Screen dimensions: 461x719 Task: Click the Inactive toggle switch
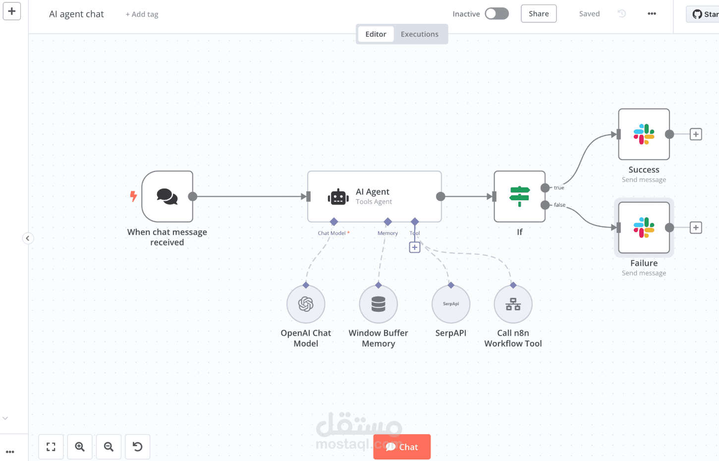pyautogui.click(x=497, y=14)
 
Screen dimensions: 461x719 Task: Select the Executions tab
pyautogui.click(x=419, y=34)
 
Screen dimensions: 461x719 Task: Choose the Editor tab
pyautogui.click(x=376, y=34)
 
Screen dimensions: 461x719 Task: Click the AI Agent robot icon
pyautogui.click(x=338, y=197)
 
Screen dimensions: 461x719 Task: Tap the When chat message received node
pyautogui.click(x=167, y=197)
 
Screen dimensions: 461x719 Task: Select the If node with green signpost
pyautogui.click(x=519, y=197)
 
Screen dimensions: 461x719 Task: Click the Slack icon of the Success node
pyautogui.click(x=644, y=134)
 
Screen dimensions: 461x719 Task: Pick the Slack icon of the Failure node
pyautogui.click(x=644, y=228)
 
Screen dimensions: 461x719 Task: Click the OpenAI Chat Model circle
pyautogui.click(x=306, y=304)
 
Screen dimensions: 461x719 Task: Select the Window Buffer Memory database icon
pyautogui.click(x=378, y=304)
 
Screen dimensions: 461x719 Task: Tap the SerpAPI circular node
pyautogui.click(x=450, y=304)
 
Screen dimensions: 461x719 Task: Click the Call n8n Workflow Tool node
pyautogui.click(x=513, y=304)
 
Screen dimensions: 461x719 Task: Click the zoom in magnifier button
pyautogui.click(x=80, y=447)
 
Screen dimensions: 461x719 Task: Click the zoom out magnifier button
pyautogui.click(x=109, y=447)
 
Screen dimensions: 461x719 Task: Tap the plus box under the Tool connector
pyautogui.click(x=415, y=247)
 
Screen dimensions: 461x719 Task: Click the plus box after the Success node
pyautogui.click(x=696, y=134)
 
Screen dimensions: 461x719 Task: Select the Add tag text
pyautogui.click(x=142, y=14)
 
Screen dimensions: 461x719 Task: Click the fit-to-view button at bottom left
pyautogui.click(x=51, y=447)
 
